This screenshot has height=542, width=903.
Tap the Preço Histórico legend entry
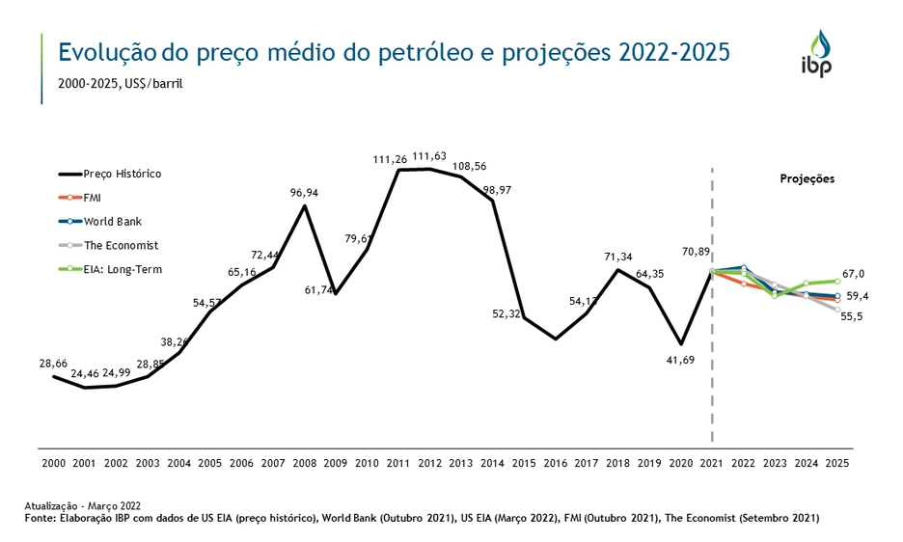click(x=122, y=174)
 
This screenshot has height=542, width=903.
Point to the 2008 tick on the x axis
click(x=305, y=463)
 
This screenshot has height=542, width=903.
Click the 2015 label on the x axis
click(x=525, y=463)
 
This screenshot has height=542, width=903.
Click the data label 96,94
click(x=304, y=193)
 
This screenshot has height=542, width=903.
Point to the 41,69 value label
click(x=680, y=360)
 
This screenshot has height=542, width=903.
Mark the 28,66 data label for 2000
click(x=52, y=363)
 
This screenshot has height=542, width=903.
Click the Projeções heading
click(x=807, y=179)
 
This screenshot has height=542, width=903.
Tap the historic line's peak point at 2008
click(x=305, y=205)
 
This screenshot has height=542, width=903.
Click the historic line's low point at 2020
click(x=681, y=343)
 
